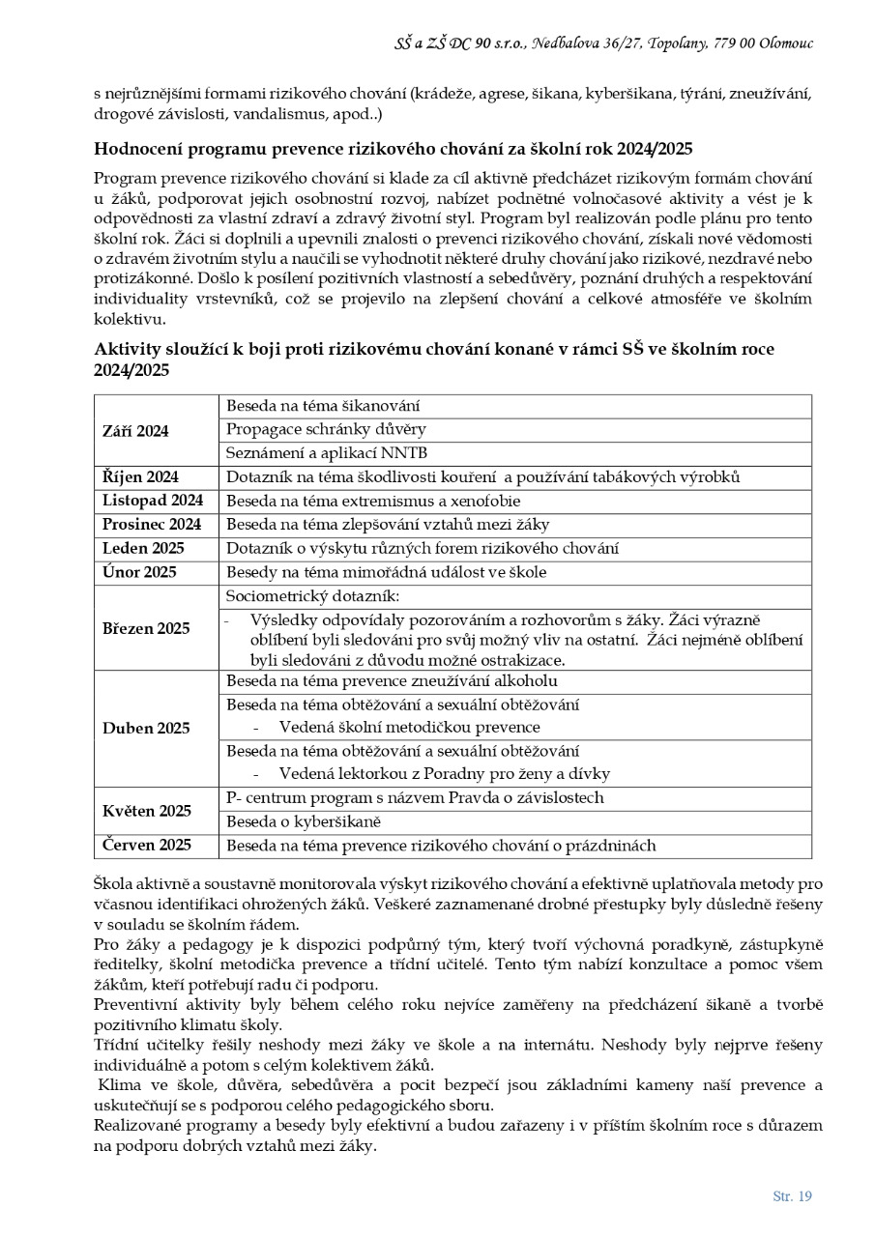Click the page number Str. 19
coord(792,1196)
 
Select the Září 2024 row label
coord(135,431)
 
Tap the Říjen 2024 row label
coord(140,476)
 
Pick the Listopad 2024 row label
coord(153,501)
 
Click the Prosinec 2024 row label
coord(152,525)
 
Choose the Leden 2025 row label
coord(143,549)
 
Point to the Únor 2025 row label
coord(139,572)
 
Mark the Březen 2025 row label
coord(146,628)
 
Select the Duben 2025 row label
coord(146,728)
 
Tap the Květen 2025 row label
coord(147,811)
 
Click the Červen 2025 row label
coord(147,846)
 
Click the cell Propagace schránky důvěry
coord(326,429)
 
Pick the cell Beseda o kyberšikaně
coord(304,822)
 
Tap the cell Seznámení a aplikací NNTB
coord(327,453)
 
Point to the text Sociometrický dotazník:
coord(312,597)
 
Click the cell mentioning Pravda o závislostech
coord(415,798)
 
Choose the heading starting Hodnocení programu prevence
coord(393,149)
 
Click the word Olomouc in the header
coord(785,43)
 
